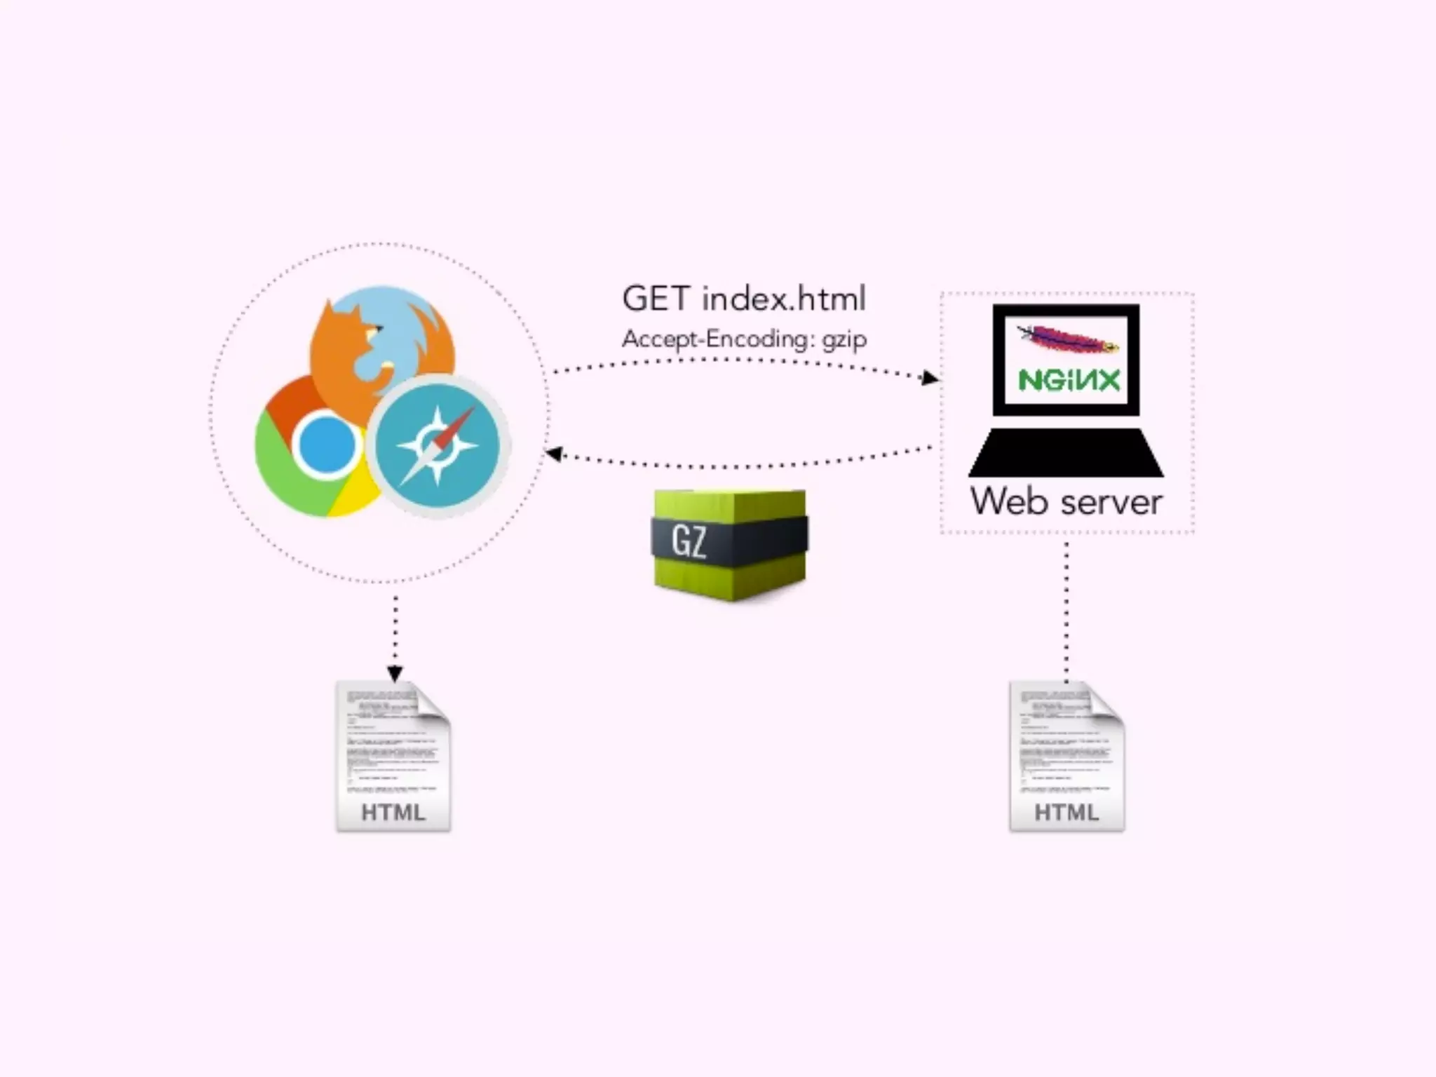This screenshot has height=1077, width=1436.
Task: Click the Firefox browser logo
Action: click(382, 344)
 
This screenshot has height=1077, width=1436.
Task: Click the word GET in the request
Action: click(656, 299)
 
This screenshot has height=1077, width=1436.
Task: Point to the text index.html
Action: click(784, 299)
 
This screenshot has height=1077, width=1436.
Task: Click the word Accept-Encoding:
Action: click(717, 339)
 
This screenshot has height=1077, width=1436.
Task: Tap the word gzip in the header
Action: click(844, 340)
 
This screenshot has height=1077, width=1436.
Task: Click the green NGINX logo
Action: click(1069, 380)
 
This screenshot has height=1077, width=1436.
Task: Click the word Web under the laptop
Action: click(1008, 502)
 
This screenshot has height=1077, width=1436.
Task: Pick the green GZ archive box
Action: click(730, 544)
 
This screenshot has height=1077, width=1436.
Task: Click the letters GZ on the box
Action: click(689, 541)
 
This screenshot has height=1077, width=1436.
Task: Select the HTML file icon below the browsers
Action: click(393, 756)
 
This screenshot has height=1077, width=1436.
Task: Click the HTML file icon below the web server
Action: click(1066, 756)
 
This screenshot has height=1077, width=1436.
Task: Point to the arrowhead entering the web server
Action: click(930, 379)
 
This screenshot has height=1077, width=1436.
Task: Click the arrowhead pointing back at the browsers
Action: click(554, 454)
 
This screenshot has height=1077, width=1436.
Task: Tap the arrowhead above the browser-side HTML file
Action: click(395, 673)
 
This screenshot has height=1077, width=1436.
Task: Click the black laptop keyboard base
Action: click(1066, 454)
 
